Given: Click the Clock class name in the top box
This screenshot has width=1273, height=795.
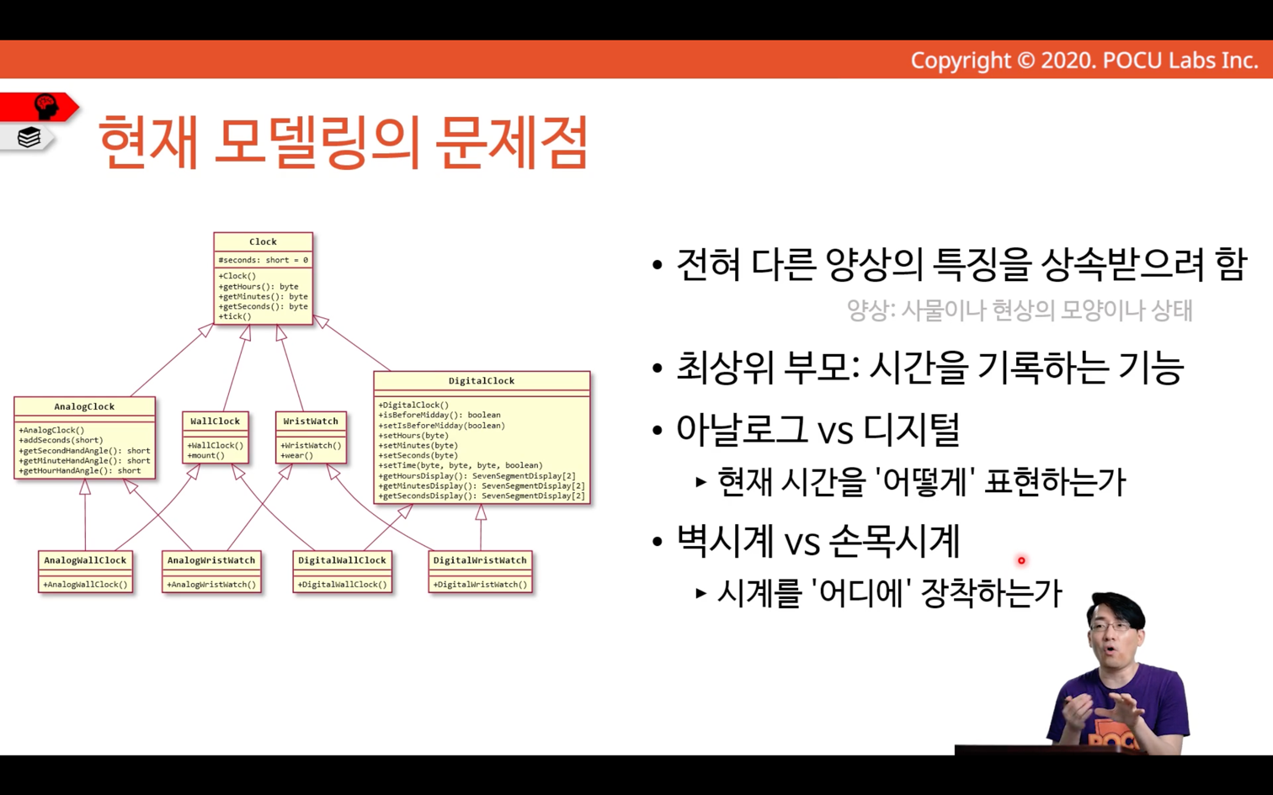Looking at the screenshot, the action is (263, 242).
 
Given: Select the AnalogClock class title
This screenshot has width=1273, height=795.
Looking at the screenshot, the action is (84, 406).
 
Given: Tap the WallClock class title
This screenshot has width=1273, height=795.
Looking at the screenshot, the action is (215, 421).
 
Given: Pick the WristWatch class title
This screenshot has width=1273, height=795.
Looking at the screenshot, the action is (311, 421).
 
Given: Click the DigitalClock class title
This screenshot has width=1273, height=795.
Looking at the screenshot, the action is (482, 381).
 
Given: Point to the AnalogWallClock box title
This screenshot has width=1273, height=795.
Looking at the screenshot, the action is (85, 560).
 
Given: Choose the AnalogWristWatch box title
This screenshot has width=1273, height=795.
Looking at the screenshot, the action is (210, 560).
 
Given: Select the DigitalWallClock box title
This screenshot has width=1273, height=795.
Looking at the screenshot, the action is (342, 560).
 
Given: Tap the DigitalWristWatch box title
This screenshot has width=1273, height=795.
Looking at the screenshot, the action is (480, 560).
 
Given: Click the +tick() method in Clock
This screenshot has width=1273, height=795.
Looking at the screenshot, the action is (235, 317).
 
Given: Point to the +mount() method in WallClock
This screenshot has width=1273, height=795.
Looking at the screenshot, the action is (205, 455).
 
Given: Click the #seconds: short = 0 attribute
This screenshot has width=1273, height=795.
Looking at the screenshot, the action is (264, 260).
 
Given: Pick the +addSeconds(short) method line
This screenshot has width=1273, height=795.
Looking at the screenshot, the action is (61, 440).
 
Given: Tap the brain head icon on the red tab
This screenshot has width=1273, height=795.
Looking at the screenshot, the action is (46, 107).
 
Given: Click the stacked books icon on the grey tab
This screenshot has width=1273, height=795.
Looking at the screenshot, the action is (29, 137).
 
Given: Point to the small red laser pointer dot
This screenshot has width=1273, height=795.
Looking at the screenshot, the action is (1021, 560).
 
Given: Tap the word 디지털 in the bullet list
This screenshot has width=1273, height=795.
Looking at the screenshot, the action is (911, 429).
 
